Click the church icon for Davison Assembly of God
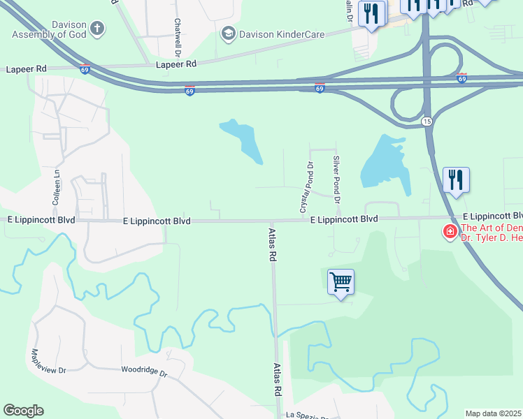click(97, 29)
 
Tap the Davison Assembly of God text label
click(44, 29)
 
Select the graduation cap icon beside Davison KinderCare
click(228, 33)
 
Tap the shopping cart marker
click(341, 282)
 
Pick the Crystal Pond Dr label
click(305, 187)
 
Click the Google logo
click(23, 411)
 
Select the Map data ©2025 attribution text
click(494, 413)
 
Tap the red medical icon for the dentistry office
click(450, 231)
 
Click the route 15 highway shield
click(426, 122)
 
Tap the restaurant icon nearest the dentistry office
click(456, 179)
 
